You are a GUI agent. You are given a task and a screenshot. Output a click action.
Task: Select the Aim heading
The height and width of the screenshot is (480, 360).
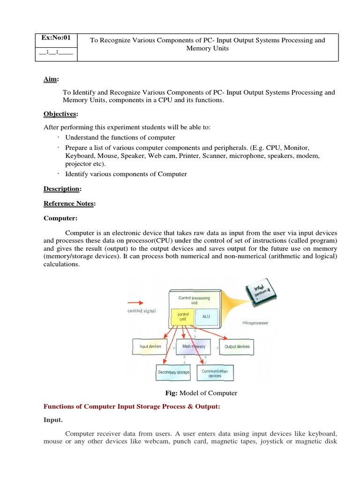click(51, 80)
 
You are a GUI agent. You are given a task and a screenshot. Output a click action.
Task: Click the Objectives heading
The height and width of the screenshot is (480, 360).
click(60, 114)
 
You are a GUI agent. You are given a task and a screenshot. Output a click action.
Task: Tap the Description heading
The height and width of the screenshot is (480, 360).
click(62, 189)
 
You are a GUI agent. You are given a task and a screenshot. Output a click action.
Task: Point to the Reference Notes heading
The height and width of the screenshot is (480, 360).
click(68, 203)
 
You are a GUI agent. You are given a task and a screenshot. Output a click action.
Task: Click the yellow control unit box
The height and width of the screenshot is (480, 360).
click(180, 316)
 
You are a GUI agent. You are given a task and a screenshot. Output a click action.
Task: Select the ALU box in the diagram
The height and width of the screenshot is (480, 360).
click(206, 316)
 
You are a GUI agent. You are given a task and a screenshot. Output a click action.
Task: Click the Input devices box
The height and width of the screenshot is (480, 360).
click(150, 346)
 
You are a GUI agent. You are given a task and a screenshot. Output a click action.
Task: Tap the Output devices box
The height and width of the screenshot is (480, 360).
click(237, 346)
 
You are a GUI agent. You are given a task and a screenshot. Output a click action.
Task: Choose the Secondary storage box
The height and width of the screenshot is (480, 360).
click(173, 372)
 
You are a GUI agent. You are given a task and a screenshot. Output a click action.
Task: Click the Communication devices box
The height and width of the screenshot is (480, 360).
click(215, 373)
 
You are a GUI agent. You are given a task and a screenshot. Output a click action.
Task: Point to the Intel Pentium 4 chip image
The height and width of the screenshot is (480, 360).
click(260, 296)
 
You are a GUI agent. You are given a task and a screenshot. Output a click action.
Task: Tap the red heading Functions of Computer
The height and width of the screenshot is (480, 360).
click(131, 407)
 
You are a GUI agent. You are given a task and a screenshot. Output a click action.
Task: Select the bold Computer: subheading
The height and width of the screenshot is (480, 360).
click(61, 218)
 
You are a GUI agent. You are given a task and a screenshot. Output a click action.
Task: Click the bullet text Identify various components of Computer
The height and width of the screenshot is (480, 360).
click(126, 174)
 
